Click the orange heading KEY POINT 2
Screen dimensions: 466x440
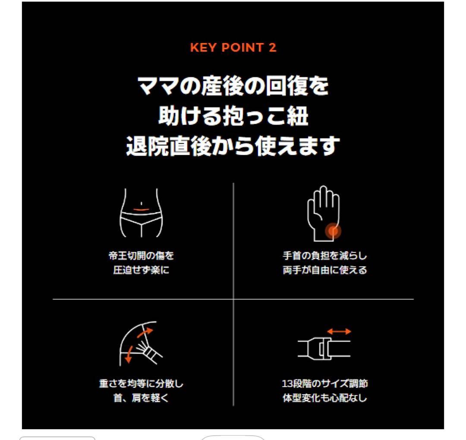click(233, 47)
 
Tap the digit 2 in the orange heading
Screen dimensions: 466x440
click(273, 47)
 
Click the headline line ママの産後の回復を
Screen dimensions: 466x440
click(233, 86)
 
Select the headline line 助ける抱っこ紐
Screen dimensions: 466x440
click(233, 116)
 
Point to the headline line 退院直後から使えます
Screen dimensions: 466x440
click(233, 146)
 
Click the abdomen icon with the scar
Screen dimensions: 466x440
click(141, 213)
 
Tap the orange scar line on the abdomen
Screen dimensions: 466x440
click(141, 210)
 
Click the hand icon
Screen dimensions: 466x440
click(323, 214)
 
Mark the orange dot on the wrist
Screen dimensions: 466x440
click(333, 231)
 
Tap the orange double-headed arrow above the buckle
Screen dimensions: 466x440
click(339, 331)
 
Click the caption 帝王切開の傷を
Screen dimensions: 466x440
click(141, 256)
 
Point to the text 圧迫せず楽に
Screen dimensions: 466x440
click(141, 270)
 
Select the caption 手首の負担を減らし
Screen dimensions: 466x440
click(324, 256)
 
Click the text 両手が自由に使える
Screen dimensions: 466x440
click(324, 270)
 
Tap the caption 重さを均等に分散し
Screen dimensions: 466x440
click(141, 383)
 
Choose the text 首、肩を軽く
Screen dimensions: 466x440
click(141, 398)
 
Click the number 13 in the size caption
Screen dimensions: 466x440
click(287, 383)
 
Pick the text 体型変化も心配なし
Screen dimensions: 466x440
click(324, 398)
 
